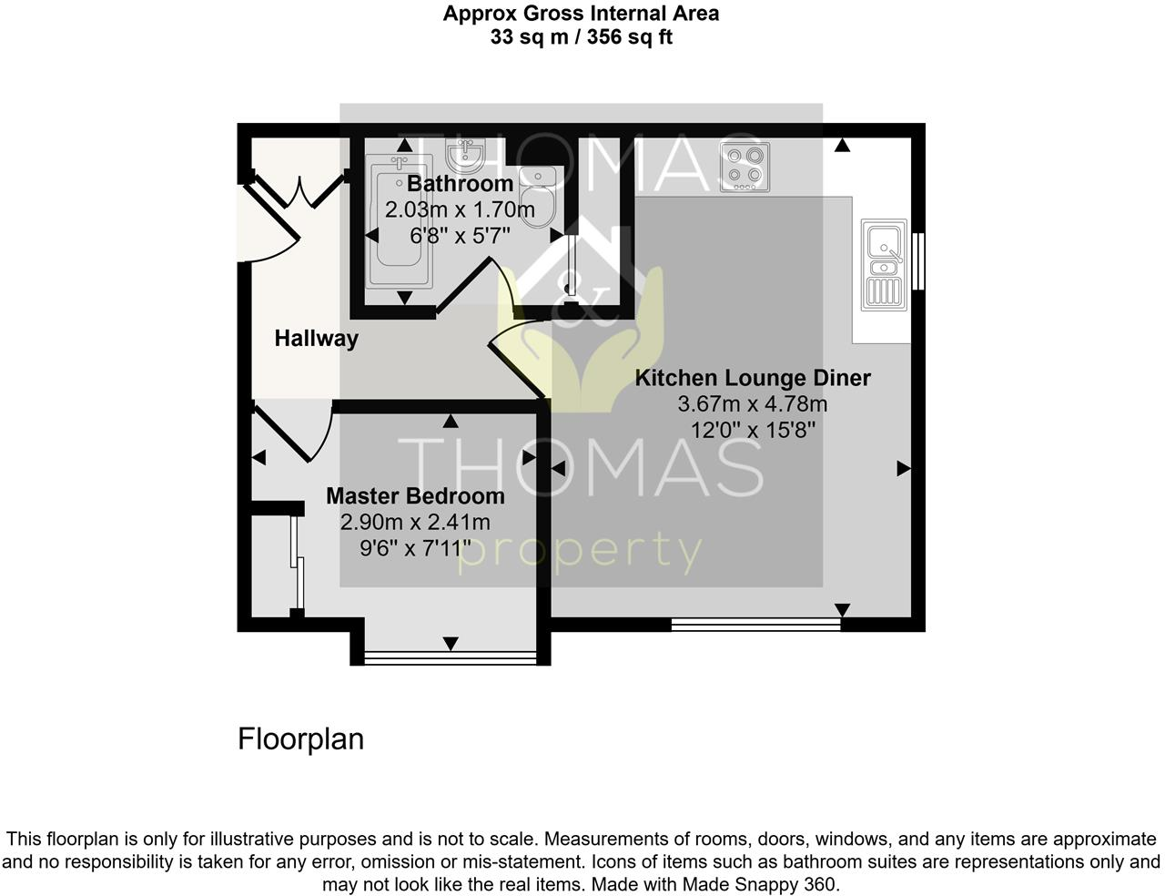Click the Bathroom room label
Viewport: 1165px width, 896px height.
pos(460,184)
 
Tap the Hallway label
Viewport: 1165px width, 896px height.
pos(316,339)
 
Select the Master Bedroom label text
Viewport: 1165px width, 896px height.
pos(415,496)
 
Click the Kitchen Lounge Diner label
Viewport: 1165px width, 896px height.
pos(752,378)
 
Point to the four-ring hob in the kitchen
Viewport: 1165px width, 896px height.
pos(744,168)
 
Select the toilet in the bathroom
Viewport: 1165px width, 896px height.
pos(537,194)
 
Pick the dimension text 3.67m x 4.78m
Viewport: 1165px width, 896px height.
pos(752,404)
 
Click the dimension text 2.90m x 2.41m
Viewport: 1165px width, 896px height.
pos(415,523)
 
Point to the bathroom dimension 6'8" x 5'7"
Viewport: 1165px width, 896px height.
pos(460,236)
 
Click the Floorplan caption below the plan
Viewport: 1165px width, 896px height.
pos(300,738)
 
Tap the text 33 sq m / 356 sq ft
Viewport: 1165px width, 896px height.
pos(581,37)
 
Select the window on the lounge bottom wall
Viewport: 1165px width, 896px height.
pos(755,625)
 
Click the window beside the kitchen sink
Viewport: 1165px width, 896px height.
pos(918,262)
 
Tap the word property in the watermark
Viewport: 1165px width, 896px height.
pos(580,552)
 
